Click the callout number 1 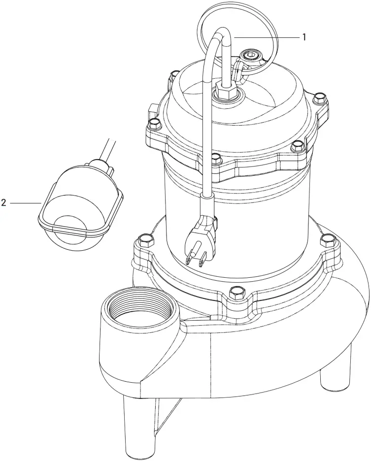(305, 37)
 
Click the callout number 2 (4, 202)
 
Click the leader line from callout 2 (25, 202)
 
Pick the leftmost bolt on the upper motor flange (154, 123)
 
